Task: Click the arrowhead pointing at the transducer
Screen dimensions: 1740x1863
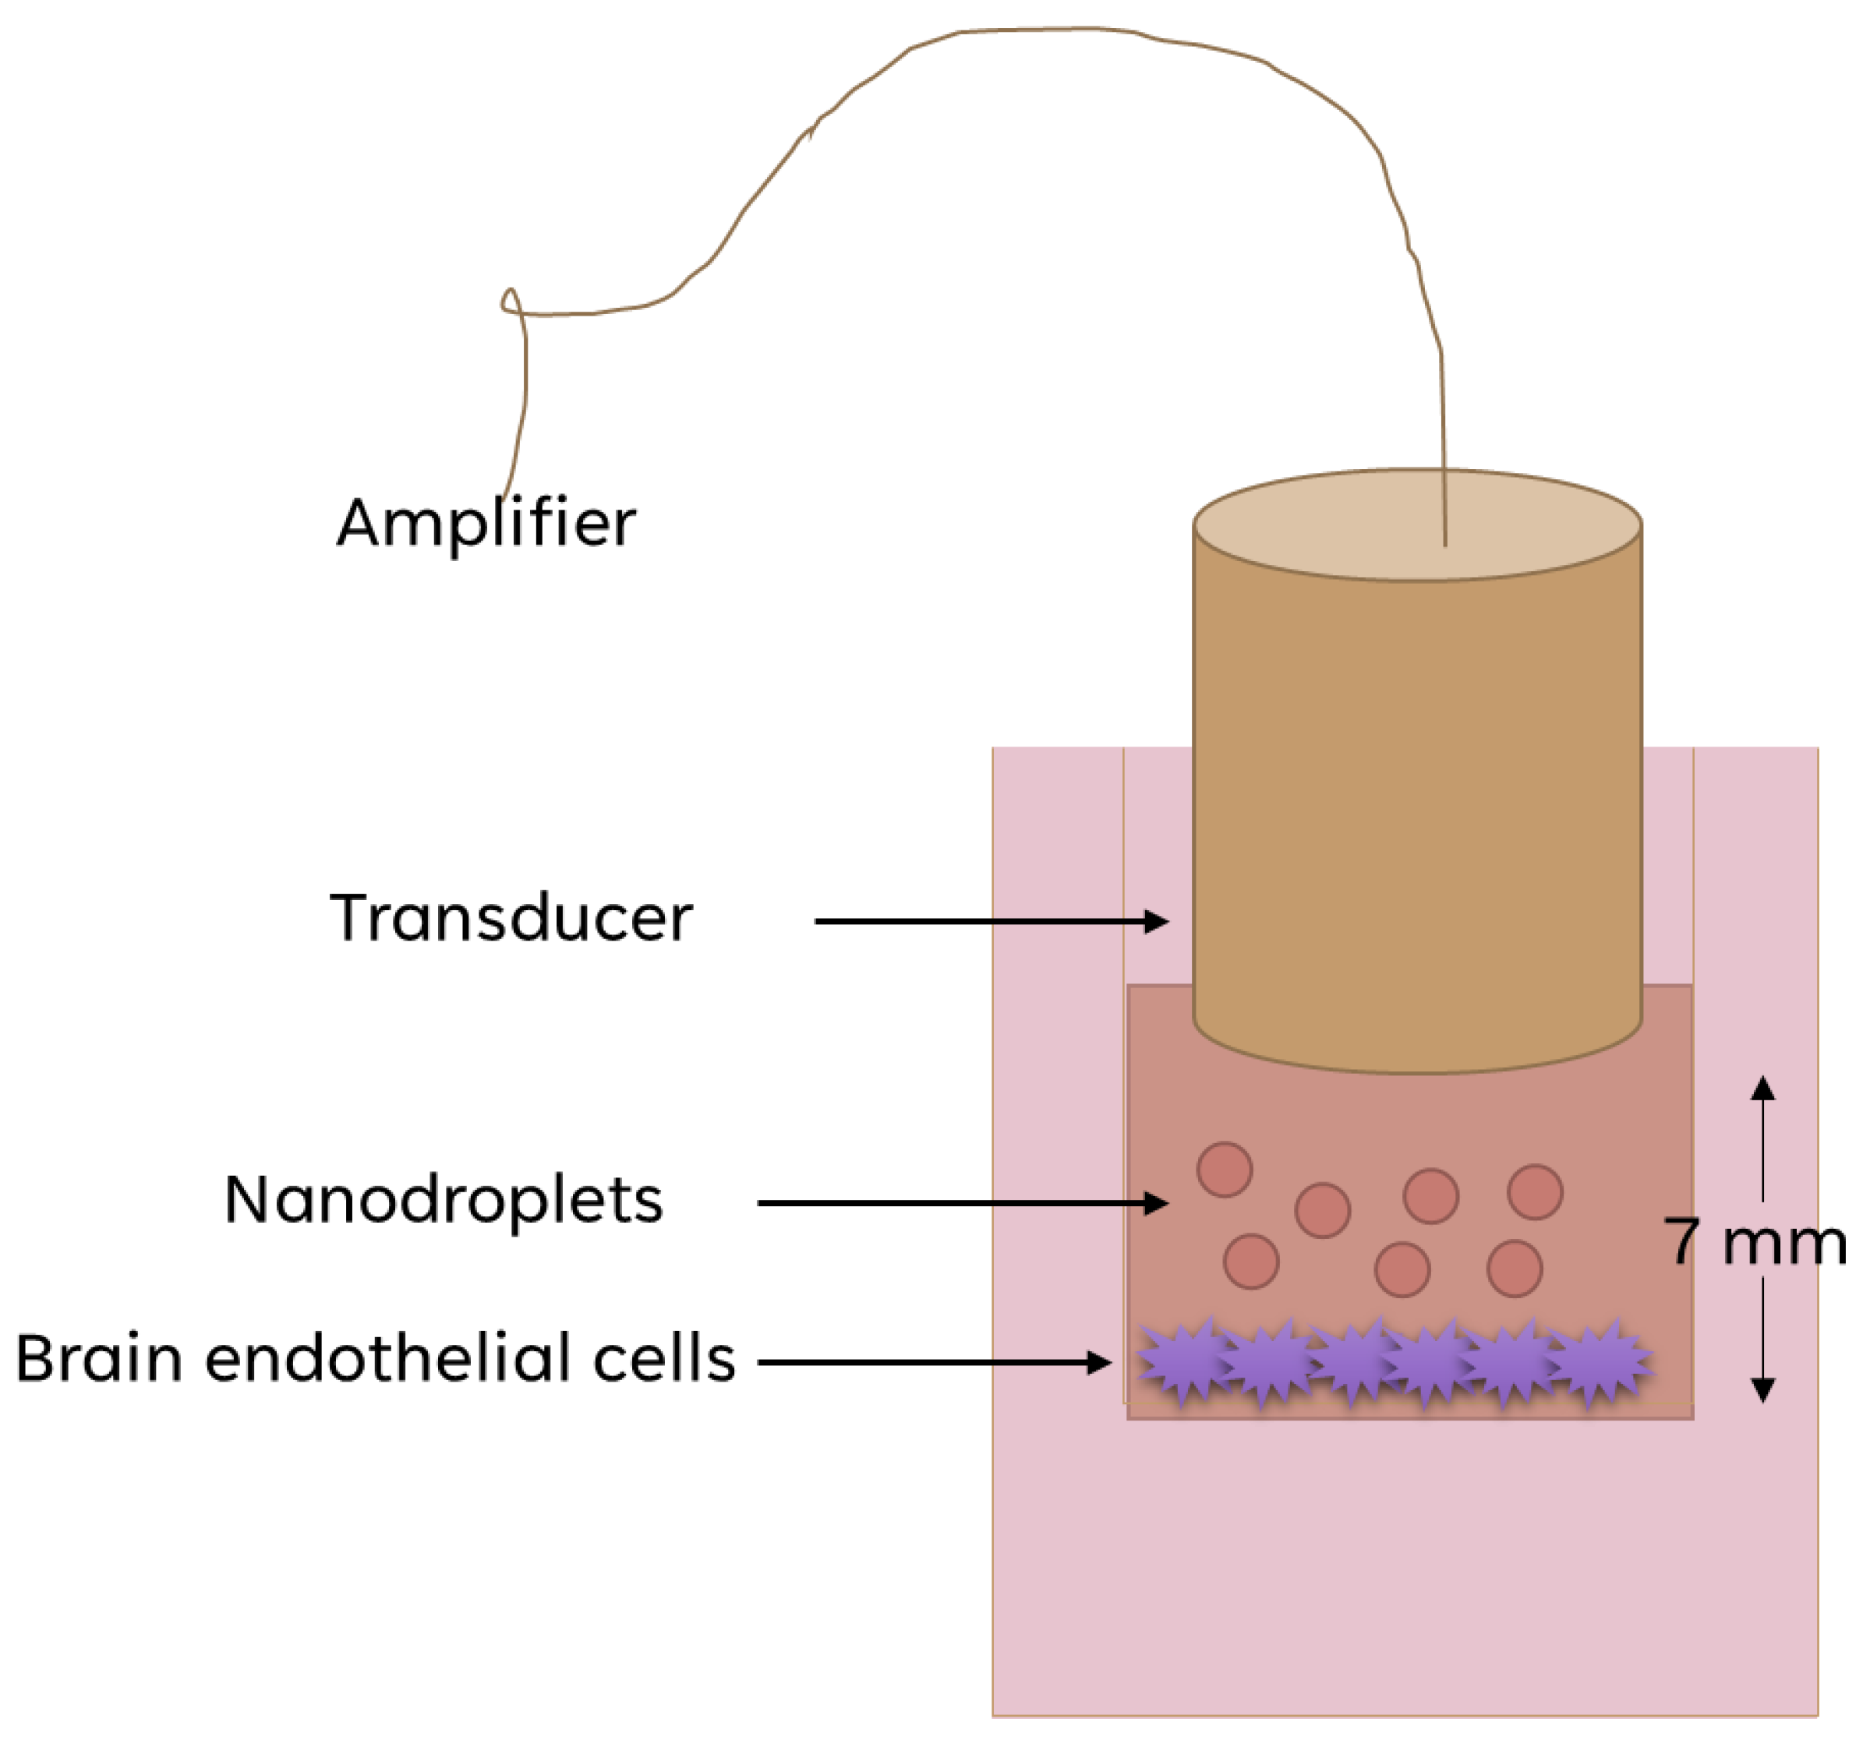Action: pyautogui.click(x=1158, y=921)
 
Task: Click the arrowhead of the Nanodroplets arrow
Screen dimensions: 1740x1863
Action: pyautogui.click(x=1158, y=1203)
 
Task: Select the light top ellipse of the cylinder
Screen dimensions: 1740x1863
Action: pyautogui.click(x=1417, y=524)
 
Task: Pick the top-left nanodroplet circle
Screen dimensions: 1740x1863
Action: pyautogui.click(x=1225, y=1170)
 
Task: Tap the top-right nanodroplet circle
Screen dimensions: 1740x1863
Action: pyautogui.click(x=1535, y=1192)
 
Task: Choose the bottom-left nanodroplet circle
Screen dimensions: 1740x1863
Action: pyautogui.click(x=1251, y=1262)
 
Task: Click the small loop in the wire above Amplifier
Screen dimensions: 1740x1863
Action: pyautogui.click(x=511, y=302)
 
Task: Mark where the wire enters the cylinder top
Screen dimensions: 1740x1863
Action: pyautogui.click(x=1445, y=543)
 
